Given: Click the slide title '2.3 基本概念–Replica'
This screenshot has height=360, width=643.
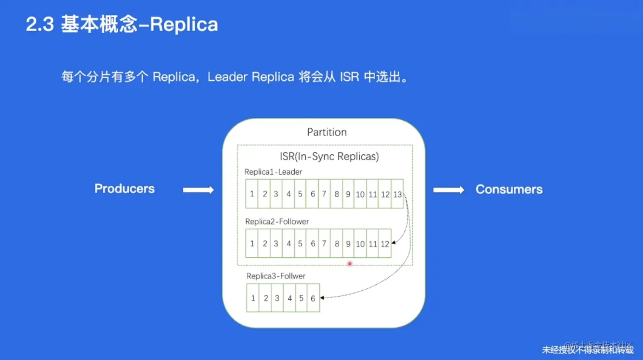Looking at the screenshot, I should point(122,24).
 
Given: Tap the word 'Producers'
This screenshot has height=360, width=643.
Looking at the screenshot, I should point(125,188).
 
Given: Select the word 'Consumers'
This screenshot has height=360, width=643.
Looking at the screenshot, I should point(509,189).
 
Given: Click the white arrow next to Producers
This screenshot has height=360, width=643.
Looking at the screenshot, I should point(198,190).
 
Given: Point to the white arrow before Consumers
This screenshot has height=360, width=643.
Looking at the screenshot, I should point(449,190).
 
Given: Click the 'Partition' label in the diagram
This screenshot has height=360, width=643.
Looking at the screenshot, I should point(327,132).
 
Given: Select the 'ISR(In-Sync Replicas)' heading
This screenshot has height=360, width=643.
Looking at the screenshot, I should point(329,156).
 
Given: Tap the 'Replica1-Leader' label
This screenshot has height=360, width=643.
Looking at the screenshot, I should point(273,172).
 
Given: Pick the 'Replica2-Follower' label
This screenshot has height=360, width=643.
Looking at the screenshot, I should point(277,221).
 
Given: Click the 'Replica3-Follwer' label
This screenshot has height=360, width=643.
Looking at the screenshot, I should point(276,276).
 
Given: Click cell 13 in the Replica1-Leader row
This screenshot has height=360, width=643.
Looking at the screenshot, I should point(397,194).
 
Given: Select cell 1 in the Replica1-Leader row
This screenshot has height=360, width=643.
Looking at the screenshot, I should point(252,194).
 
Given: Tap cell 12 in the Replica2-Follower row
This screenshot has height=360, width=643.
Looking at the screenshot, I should point(385,244).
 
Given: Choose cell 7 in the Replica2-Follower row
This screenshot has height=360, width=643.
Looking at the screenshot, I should point(324,244).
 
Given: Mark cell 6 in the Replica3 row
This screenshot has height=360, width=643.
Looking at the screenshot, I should point(313,298).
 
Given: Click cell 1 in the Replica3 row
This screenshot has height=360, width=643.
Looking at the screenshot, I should point(253,298).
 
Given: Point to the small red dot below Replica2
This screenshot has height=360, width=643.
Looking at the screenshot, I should point(350,264).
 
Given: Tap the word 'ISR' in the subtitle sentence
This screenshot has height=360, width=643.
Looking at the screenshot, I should point(349,77).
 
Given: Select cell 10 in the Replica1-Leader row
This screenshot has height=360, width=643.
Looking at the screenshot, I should point(360,194).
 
